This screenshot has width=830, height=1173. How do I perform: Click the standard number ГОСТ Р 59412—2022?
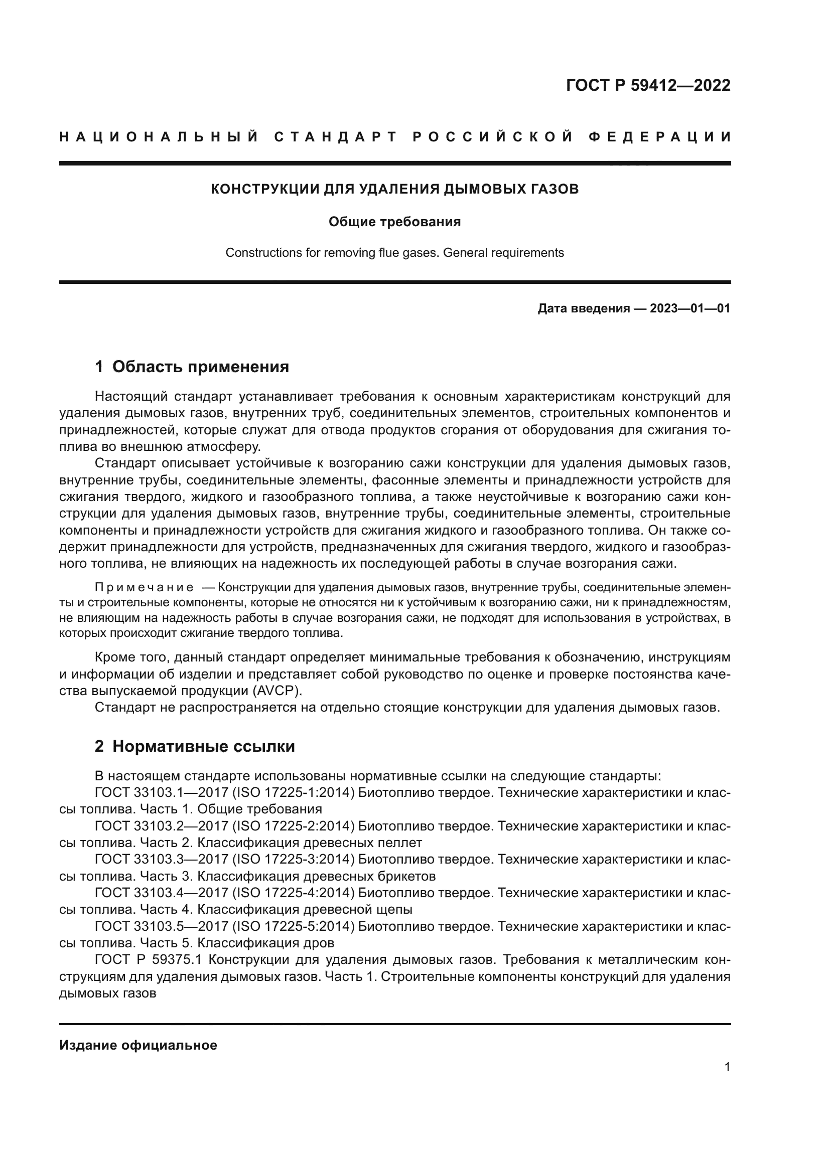648,85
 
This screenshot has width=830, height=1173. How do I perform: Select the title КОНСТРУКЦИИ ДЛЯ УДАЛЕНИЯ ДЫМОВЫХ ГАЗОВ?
394,189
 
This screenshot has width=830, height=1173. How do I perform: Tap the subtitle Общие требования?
394,222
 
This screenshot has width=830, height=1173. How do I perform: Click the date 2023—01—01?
689,308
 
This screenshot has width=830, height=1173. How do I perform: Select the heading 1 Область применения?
192,367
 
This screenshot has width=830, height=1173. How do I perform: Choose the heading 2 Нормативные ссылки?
195,746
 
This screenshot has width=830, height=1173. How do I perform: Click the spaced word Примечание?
144,588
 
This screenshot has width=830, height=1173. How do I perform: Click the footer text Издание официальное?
138,1045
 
